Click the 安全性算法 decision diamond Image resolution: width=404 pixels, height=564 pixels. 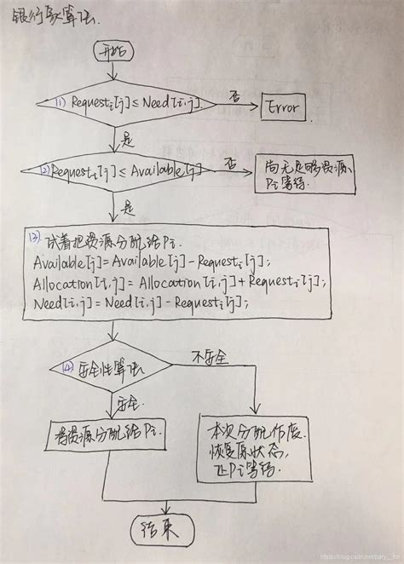(x=112, y=365)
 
